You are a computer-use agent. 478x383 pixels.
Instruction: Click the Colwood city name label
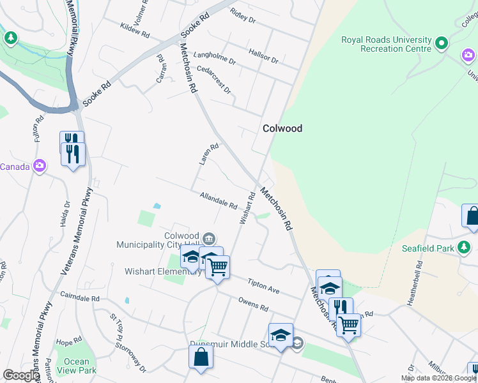[282, 128]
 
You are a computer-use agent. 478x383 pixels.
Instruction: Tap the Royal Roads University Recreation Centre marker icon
[441, 44]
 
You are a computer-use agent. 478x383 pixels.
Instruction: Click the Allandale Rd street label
[219, 202]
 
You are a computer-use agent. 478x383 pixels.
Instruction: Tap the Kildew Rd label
[134, 29]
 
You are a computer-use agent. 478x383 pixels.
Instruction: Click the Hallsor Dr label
[263, 56]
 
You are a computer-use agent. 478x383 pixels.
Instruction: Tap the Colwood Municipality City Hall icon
[208, 239]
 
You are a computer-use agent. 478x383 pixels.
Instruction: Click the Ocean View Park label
[76, 366]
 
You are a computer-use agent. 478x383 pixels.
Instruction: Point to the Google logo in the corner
[21, 375]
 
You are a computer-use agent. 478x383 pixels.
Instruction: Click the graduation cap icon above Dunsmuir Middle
[281, 335]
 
